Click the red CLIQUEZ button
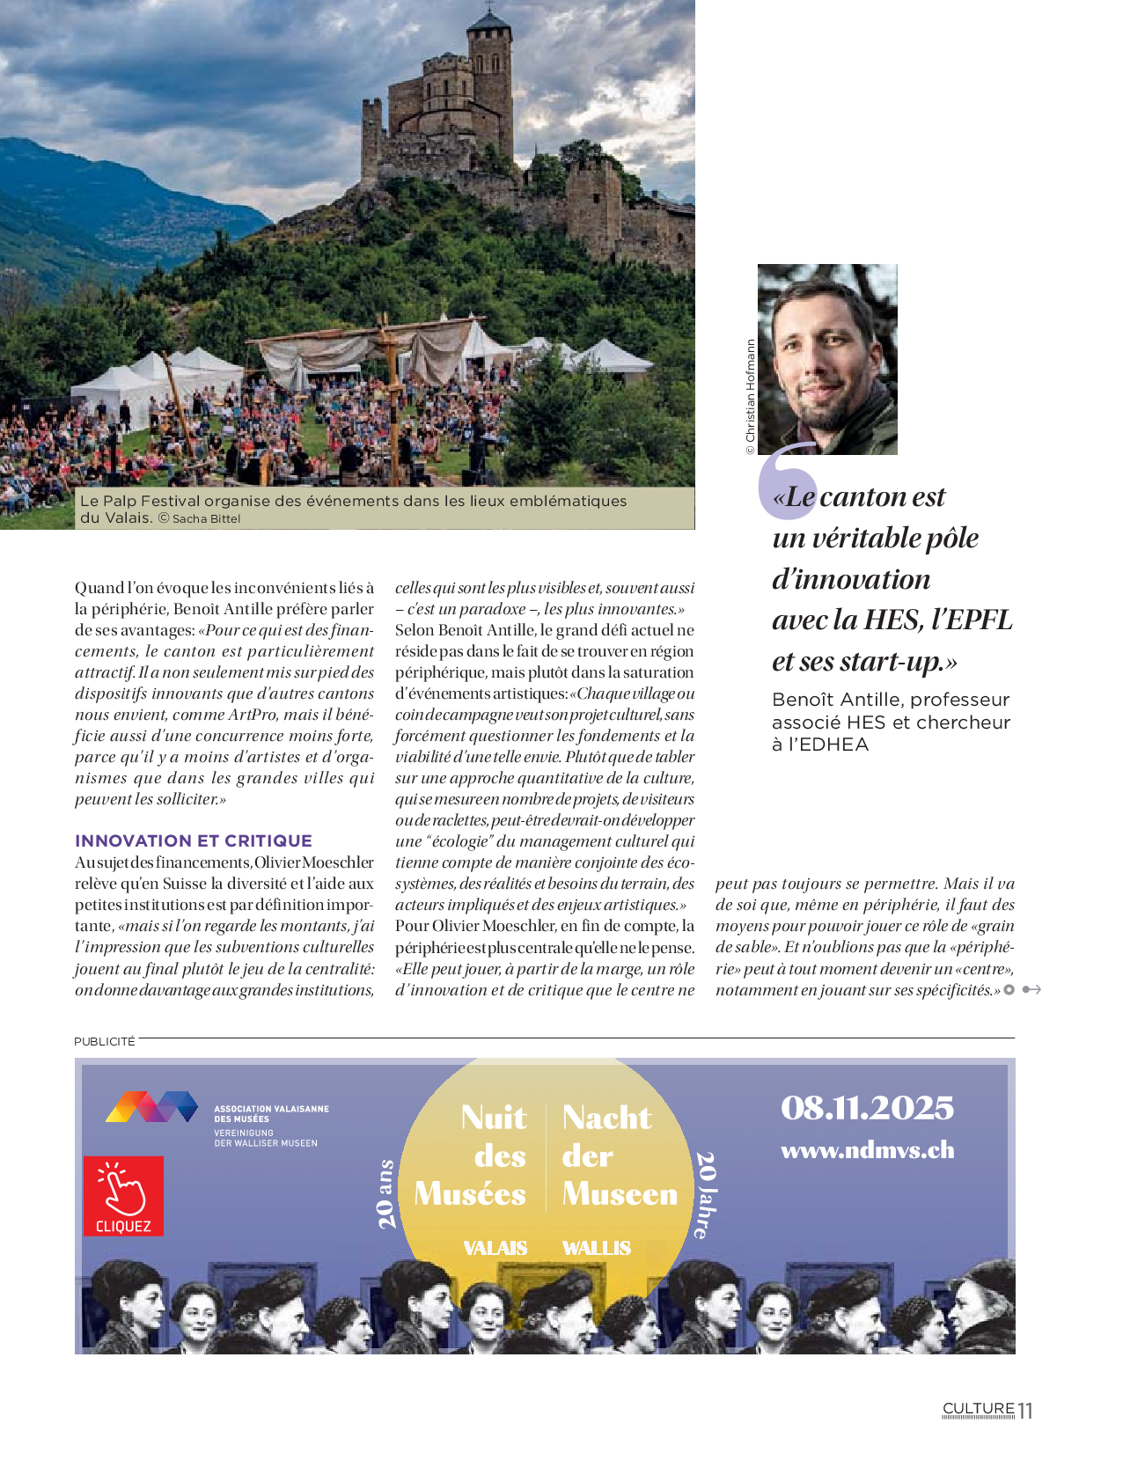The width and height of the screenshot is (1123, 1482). coord(123,1195)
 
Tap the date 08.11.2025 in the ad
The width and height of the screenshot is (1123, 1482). coord(867,1108)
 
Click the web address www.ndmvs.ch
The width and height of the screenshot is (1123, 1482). coord(867,1150)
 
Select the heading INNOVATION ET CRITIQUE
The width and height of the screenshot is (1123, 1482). coord(194,840)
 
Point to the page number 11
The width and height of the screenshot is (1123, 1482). coord(1025,1411)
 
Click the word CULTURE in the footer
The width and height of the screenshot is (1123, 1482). coord(979,1408)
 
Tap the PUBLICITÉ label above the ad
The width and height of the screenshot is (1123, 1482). coord(105,1041)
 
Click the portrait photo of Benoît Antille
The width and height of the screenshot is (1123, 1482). coord(827,359)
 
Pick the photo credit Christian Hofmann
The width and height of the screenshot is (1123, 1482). coord(751,396)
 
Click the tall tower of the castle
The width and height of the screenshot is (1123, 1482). coord(490,79)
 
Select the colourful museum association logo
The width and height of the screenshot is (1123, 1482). coord(151,1106)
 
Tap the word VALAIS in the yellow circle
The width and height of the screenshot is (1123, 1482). coord(495,1248)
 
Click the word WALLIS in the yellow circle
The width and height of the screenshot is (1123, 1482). coord(597,1248)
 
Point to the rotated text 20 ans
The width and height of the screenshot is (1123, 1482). coord(385,1194)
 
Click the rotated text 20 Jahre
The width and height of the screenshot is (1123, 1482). coord(705,1194)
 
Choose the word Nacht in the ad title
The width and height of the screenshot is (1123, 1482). coord(607,1118)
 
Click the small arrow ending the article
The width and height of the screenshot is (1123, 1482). coord(1031,990)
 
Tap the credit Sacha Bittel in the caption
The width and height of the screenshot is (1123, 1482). coord(206,519)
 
